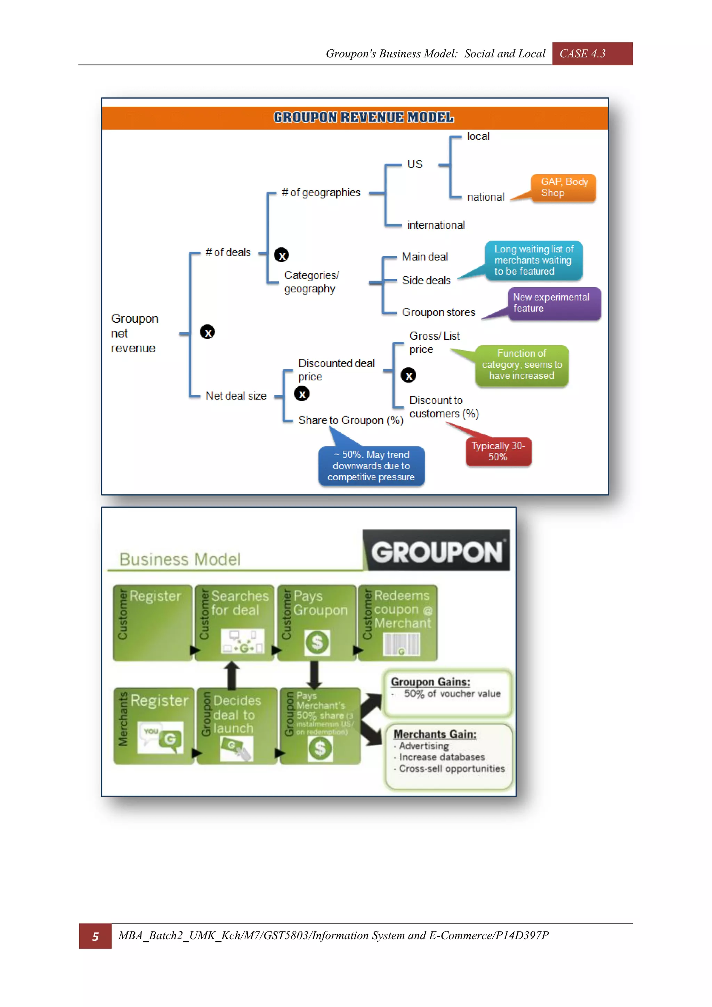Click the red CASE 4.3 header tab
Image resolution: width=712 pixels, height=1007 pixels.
[591, 54]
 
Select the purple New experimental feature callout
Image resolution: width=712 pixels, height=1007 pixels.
[554, 303]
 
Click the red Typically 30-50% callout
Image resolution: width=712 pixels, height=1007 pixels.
[499, 451]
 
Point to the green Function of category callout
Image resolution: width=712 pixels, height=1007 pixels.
[522, 365]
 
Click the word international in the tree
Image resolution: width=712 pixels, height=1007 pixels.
[436, 225]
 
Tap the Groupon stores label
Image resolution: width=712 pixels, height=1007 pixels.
[438, 312]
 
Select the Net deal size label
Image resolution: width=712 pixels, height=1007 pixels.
[236, 396]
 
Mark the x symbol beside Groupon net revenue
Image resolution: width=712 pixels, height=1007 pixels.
[207, 332]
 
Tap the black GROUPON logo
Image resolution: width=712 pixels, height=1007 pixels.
[437, 551]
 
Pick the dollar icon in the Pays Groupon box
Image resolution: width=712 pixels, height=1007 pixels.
[317, 643]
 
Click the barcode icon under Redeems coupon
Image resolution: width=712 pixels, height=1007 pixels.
[402, 645]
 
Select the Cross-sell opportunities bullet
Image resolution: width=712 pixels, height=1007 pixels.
[452, 769]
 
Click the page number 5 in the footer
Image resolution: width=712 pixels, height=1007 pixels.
[95, 936]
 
